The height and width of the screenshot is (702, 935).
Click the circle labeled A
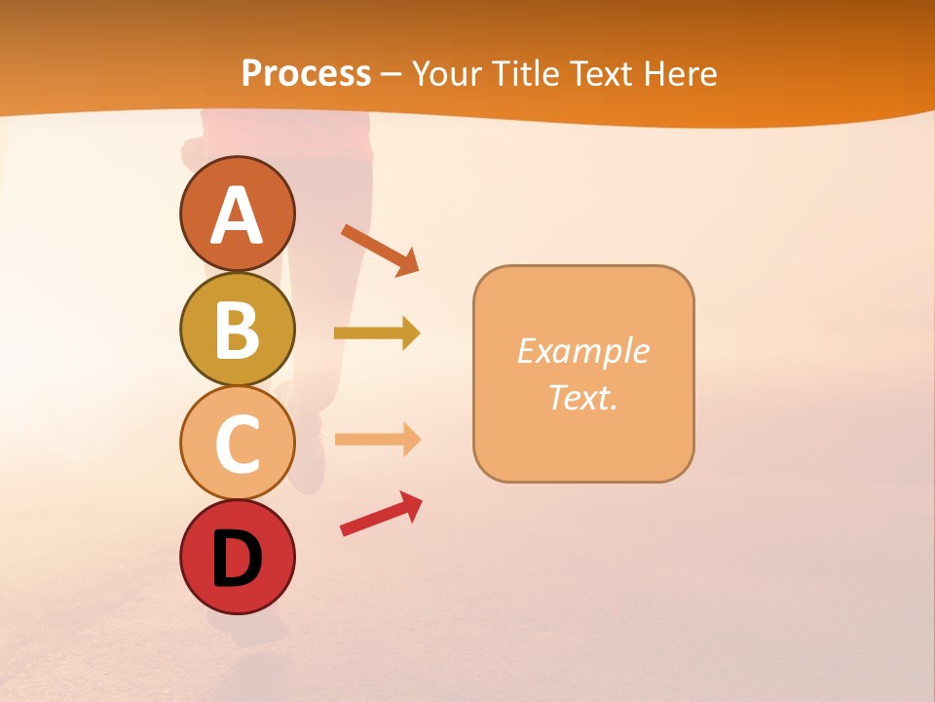[x=237, y=214]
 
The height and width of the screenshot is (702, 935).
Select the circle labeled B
[x=237, y=329]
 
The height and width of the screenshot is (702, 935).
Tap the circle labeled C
[x=237, y=443]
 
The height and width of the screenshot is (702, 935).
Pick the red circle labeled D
[x=237, y=557]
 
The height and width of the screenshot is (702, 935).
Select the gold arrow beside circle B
[x=376, y=333]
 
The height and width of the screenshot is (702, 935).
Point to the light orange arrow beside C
[x=376, y=440]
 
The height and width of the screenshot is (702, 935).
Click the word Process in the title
[x=306, y=73]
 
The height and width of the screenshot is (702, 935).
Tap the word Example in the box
[x=582, y=351]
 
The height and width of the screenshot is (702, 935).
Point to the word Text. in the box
[x=582, y=397]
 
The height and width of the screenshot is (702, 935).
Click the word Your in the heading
[x=446, y=73]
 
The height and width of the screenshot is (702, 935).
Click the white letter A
[x=237, y=215]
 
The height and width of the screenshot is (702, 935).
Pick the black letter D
[x=237, y=559]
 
